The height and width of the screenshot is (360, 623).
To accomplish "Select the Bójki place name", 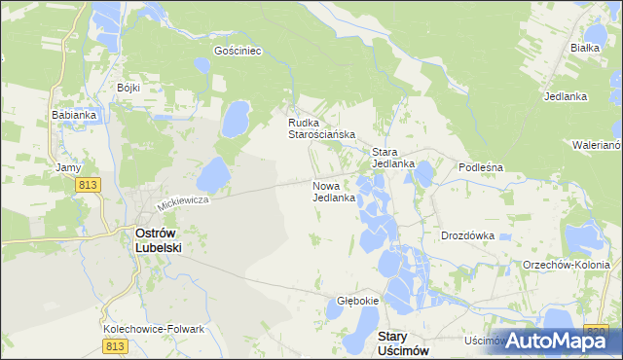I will tap(128, 88).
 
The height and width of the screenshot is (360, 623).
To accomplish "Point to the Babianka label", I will tap(73, 114).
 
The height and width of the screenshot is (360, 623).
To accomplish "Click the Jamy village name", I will tap(68, 167).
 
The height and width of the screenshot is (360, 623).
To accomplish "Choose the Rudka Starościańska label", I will tap(320, 128).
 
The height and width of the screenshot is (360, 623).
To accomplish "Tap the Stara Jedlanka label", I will tap(393, 158).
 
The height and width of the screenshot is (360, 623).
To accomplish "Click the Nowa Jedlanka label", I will tap(333, 191).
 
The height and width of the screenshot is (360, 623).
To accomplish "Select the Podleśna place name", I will tap(480, 166).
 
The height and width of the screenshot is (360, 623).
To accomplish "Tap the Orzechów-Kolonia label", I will tap(567, 265).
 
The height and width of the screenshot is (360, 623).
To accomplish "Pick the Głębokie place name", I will tap(357, 301).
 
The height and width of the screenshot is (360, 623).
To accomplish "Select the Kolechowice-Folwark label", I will tap(154, 329).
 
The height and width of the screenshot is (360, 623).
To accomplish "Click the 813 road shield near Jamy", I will tap(91, 185).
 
